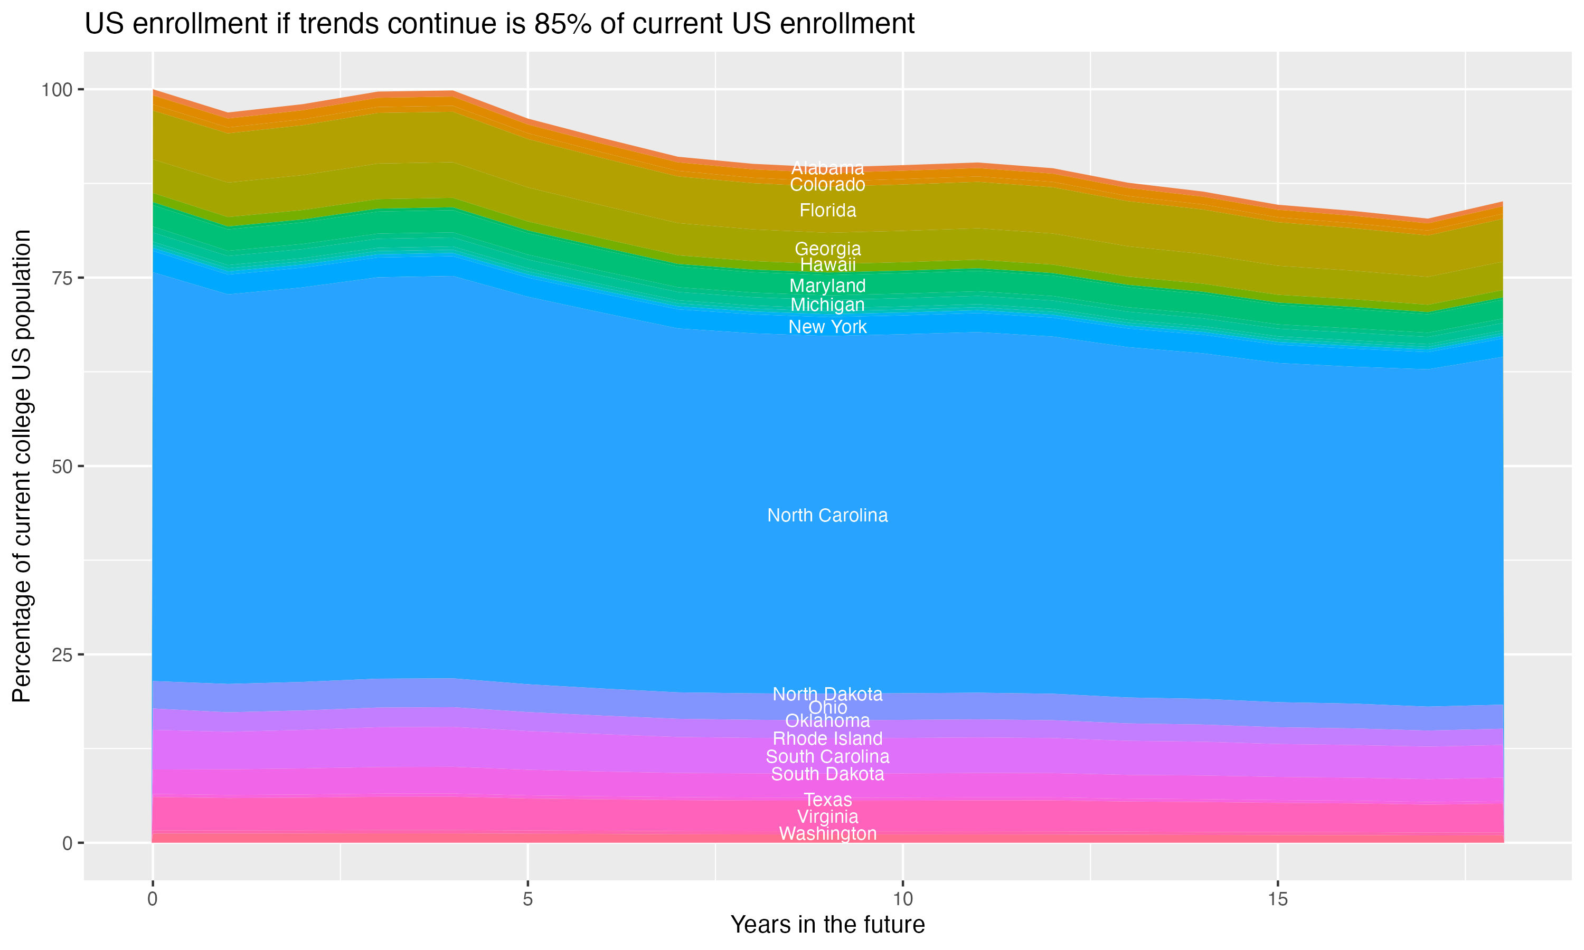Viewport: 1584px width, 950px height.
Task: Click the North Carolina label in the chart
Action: click(x=827, y=515)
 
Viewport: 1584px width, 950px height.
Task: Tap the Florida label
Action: click(x=827, y=210)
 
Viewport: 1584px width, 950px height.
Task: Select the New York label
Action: click(x=827, y=327)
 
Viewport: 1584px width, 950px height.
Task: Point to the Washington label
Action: click(x=827, y=833)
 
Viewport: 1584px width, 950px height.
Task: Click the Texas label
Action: click(x=827, y=800)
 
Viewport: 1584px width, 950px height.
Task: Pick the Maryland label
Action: click(x=827, y=286)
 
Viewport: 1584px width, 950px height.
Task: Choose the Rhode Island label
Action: click(x=827, y=738)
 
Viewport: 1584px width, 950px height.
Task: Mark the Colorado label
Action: click(x=827, y=184)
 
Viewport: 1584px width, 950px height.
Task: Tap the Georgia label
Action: click(x=827, y=249)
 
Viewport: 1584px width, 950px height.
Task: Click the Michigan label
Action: click(x=827, y=305)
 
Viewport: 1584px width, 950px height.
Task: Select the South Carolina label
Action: click(x=827, y=756)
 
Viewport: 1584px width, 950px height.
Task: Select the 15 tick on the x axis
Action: click(x=1277, y=899)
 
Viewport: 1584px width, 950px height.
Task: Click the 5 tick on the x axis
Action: click(x=527, y=899)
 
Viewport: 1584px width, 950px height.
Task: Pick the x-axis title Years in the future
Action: click(x=827, y=924)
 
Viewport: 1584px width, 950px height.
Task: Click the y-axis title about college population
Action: click(x=22, y=465)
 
